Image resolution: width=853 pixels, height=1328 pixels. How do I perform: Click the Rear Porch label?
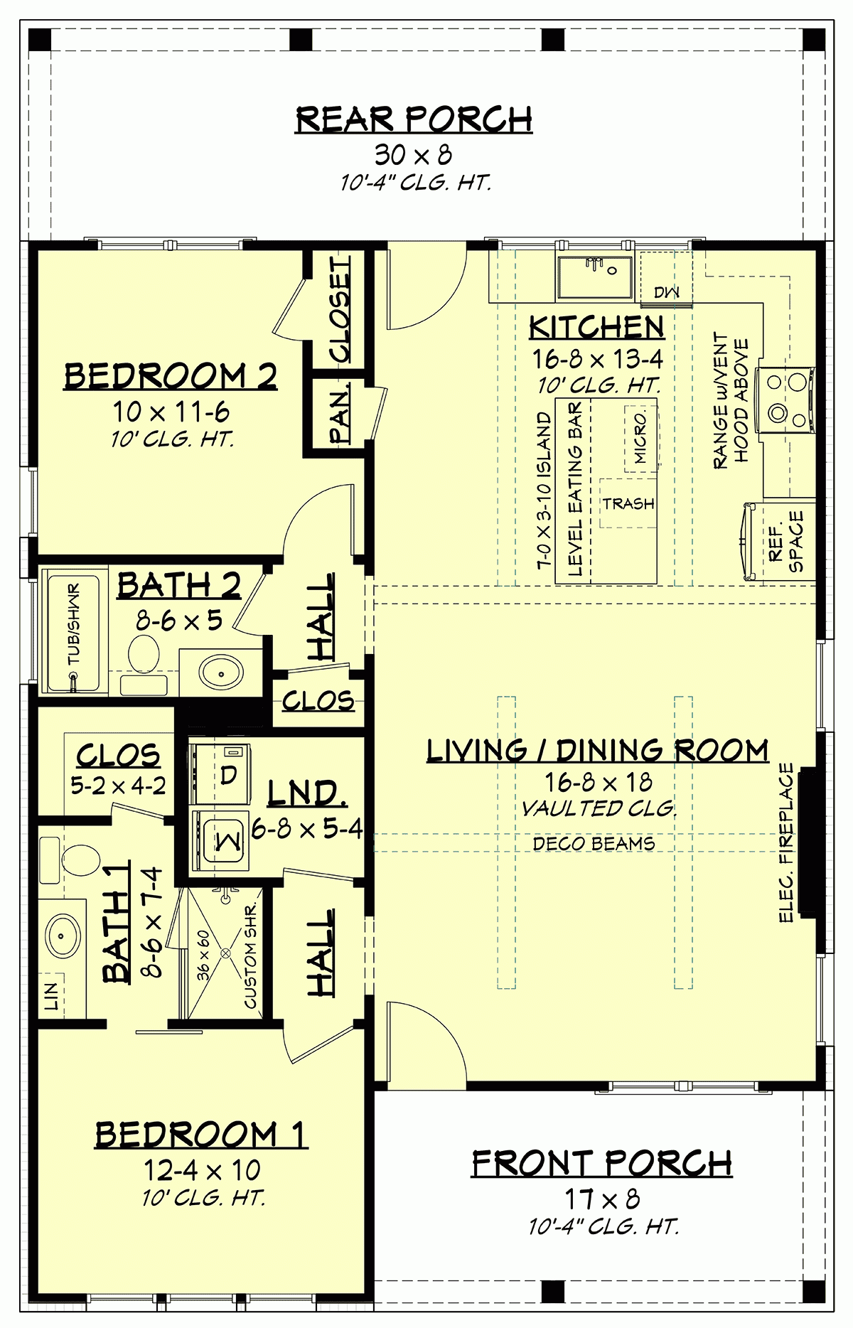tap(414, 119)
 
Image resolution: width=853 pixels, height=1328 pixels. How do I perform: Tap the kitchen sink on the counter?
tap(594, 277)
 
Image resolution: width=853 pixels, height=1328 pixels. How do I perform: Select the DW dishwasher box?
tap(666, 291)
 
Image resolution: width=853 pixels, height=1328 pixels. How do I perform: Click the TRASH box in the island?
tap(628, 503)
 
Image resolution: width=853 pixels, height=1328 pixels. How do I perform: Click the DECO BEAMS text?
tap(594, 844)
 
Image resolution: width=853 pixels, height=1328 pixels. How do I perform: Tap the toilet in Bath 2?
tap(144, 652)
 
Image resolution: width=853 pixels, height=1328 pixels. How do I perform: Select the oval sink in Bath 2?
tap(220, 671)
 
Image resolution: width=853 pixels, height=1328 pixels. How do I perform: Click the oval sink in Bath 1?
tap(62, 936)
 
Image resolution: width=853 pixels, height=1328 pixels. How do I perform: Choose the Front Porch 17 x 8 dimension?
tap(602, 1199)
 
